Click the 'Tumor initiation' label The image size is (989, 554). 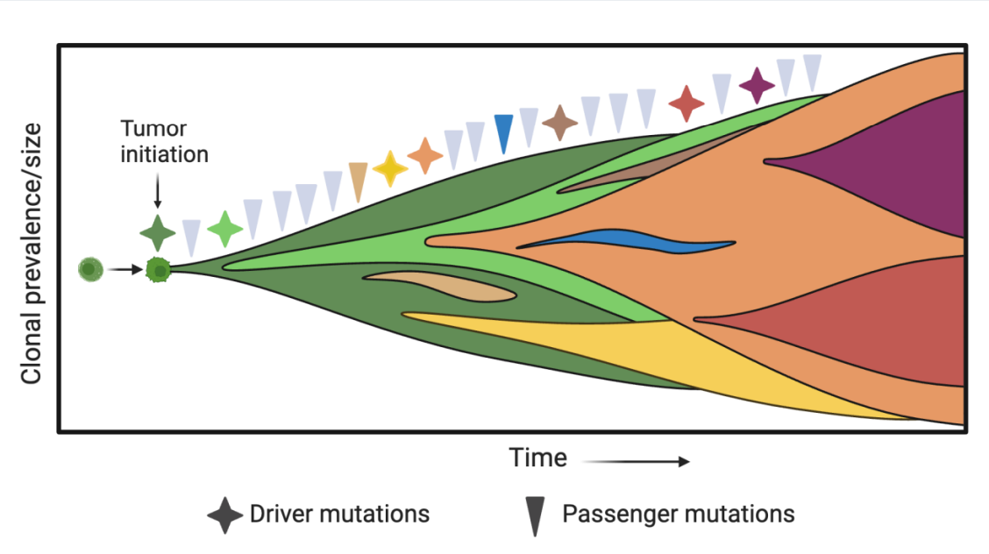click(x=164, y=142)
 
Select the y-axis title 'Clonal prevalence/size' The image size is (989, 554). click(x=32, y=254)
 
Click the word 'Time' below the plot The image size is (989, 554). click(x=538, y=458)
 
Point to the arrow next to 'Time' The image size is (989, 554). click(x=636, y=460)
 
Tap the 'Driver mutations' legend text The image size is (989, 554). click(x=339, y=514)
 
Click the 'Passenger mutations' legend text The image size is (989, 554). click(x=678, y=514)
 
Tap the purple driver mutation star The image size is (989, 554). click(x=757, y=85)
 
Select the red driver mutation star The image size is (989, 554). click(x=687, y=103)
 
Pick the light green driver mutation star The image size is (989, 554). click(x=225, y=230)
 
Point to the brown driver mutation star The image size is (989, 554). click(x=559, y=122)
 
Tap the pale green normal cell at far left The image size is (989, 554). click(x=90, y=269)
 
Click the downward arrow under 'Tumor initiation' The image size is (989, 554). click(x=157, y=191)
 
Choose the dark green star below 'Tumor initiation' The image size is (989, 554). click(x=157, y=232)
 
